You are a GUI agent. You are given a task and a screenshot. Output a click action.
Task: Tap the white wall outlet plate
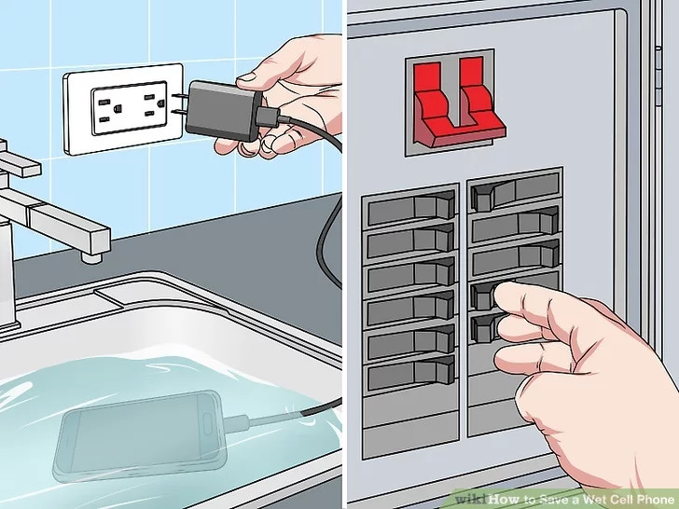coord(123,107)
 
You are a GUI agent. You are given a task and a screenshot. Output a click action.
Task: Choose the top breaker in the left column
coord(410,209)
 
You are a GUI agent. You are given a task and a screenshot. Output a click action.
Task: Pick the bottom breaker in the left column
coord(410,375)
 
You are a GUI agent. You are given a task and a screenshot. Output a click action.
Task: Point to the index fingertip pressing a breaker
coord(505,296)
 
